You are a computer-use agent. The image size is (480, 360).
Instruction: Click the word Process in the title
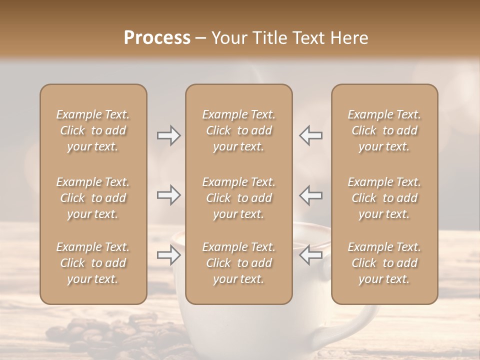coord(157,38)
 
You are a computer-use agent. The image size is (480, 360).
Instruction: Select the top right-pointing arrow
coord(169,135)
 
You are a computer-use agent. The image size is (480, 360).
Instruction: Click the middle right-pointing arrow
coord(169,195)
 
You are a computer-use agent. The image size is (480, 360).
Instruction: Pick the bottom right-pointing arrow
coord(169,255)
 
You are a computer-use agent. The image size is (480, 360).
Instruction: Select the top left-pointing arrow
coord(310,135)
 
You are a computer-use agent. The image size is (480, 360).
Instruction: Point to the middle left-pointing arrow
coord(310,195)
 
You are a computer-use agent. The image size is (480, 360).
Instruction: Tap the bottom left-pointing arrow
coord(310,255)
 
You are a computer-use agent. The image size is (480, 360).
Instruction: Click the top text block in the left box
coord(93,130)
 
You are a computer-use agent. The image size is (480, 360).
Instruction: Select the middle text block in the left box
coord(93,198)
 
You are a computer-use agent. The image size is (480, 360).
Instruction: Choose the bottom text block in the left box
coord(93,263)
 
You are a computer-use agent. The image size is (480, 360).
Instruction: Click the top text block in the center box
coord(239,130)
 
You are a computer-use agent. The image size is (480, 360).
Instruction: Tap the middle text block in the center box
coord(239,198)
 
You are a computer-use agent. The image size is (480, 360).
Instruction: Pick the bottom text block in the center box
coord(239,263)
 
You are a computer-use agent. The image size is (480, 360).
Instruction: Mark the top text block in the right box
coord(384,130)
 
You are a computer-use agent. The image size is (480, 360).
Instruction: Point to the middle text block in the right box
coord(384,198)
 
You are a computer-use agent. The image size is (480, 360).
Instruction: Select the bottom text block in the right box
coord(384,263)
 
